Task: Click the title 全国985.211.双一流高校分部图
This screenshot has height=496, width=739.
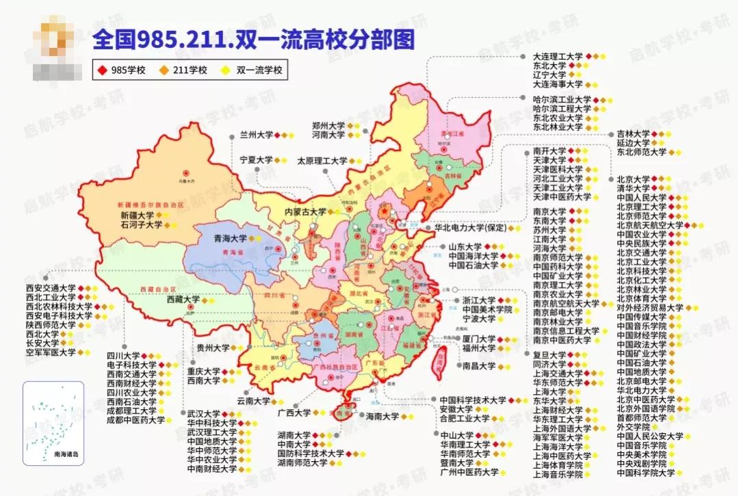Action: [x=254, y=40]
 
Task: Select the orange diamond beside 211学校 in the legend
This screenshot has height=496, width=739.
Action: [x=166, y=70]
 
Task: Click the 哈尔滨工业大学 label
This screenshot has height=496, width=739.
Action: [x=562, y=99]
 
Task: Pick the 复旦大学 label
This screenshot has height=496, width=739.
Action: [x=549, y=355]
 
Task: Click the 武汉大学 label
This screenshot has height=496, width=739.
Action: [x=203, y=414]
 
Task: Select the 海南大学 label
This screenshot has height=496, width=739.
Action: [x=382, y=416]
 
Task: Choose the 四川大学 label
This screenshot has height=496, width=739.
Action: [x=122, y=356]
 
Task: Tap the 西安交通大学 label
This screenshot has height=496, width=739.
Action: [x=50, y=287]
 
